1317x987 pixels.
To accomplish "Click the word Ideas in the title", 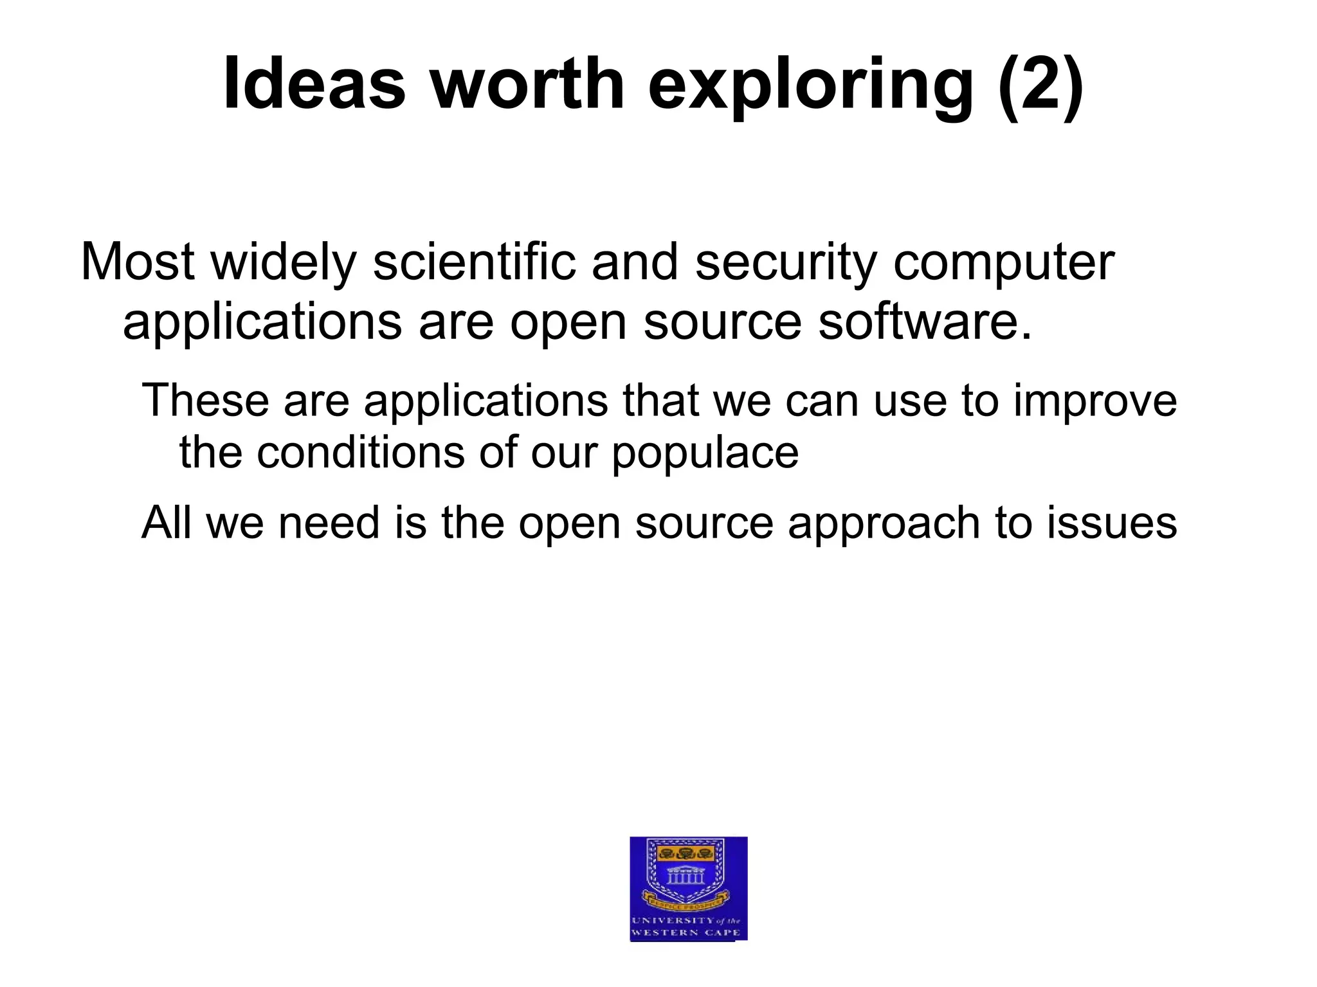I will (x=314, y=84).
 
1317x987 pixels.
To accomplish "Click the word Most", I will (x=138, y=262).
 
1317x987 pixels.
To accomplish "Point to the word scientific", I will (x=474, y=262).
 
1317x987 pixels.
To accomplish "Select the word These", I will (x=205, y=400).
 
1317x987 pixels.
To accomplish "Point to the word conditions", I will (x=360, y=452).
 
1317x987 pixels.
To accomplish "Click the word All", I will (x=166, y=522).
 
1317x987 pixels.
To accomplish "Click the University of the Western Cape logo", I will (x=688, y=888).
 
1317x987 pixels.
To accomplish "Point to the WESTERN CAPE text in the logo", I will (x=686, y=932).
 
